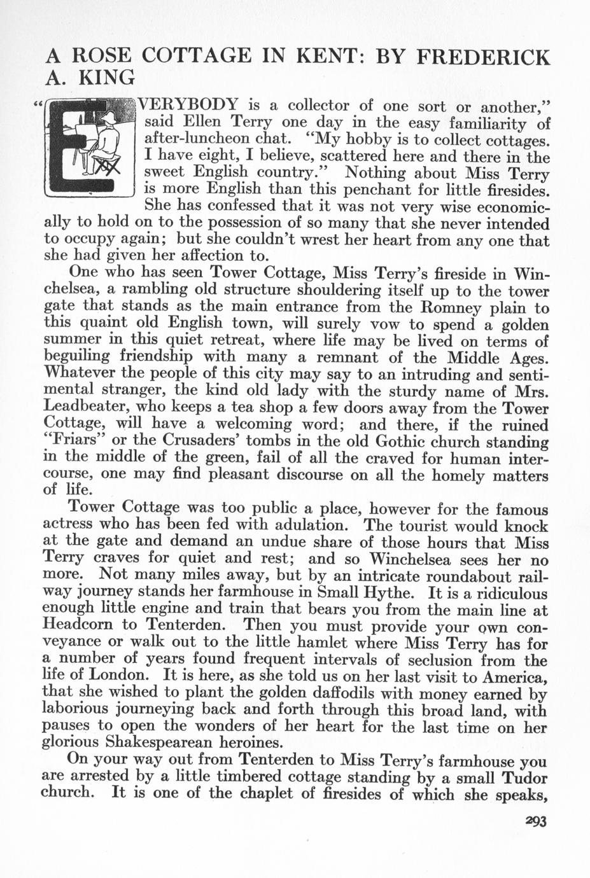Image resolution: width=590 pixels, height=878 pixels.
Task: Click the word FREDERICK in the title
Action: tap(482, 57)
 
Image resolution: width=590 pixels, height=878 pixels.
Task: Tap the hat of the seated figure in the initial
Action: tap(106, 118)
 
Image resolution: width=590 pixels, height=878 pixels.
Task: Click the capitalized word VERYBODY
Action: tap(188, 104)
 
